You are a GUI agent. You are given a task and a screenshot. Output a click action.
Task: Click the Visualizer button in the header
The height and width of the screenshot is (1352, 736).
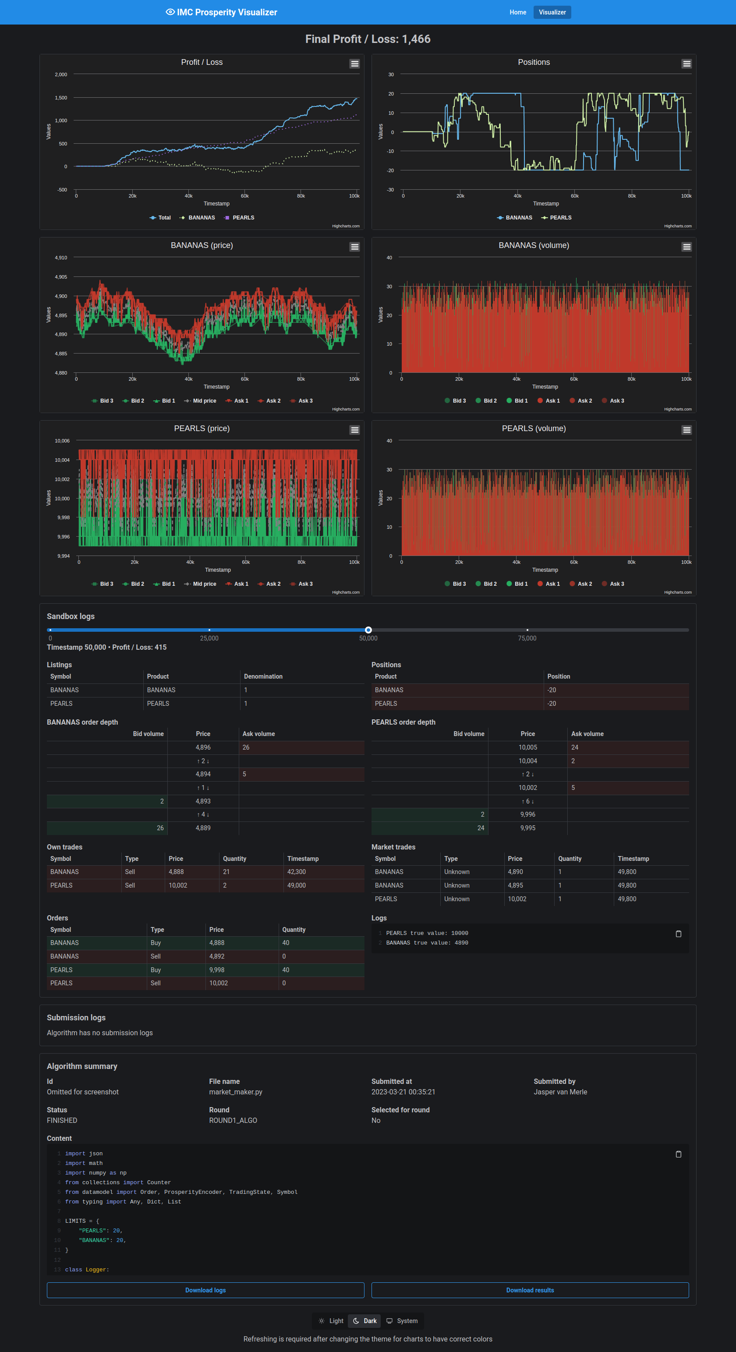pyautogui.click(x=552, y=12)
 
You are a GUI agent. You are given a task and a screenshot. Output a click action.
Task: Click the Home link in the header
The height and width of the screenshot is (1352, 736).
pyautogui.click(x=518, y=12)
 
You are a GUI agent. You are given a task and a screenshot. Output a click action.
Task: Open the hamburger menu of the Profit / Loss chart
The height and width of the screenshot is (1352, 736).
pyautogui.click(x=354, y=64)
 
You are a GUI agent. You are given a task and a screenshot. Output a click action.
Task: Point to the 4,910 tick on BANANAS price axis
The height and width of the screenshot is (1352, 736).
pyautogui.click(x=61, y=258)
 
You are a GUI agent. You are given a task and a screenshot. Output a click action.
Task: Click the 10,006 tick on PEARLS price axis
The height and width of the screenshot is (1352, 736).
pyautogui.click(x=62, y=441)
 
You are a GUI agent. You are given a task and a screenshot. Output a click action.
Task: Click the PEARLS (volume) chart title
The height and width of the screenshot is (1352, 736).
pyautogui.click(x=533, y=428)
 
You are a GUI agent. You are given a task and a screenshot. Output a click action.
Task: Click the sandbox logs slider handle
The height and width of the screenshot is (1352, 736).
pyautogui.click(x=368, y=630)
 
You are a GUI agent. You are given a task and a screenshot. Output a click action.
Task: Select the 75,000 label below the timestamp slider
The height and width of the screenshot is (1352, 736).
pyautogui.click(x=527, y=638)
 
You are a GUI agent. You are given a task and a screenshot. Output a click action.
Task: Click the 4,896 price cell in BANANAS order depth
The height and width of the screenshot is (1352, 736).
pyautogui.click(x=203, y=747)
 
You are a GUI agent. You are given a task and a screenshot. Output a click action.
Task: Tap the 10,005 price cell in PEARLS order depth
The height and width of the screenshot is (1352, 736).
pyautogui.click(x=527, y=747)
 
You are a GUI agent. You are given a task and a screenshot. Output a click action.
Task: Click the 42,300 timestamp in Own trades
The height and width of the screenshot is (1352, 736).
pyautogui.click(x=297, y=872)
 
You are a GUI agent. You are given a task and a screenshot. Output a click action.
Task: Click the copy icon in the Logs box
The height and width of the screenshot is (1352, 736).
pyautogui.click(x=678, y=934)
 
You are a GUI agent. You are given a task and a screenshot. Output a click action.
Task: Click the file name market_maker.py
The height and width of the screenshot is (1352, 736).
pyautogui.click(x=236, y=1092)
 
